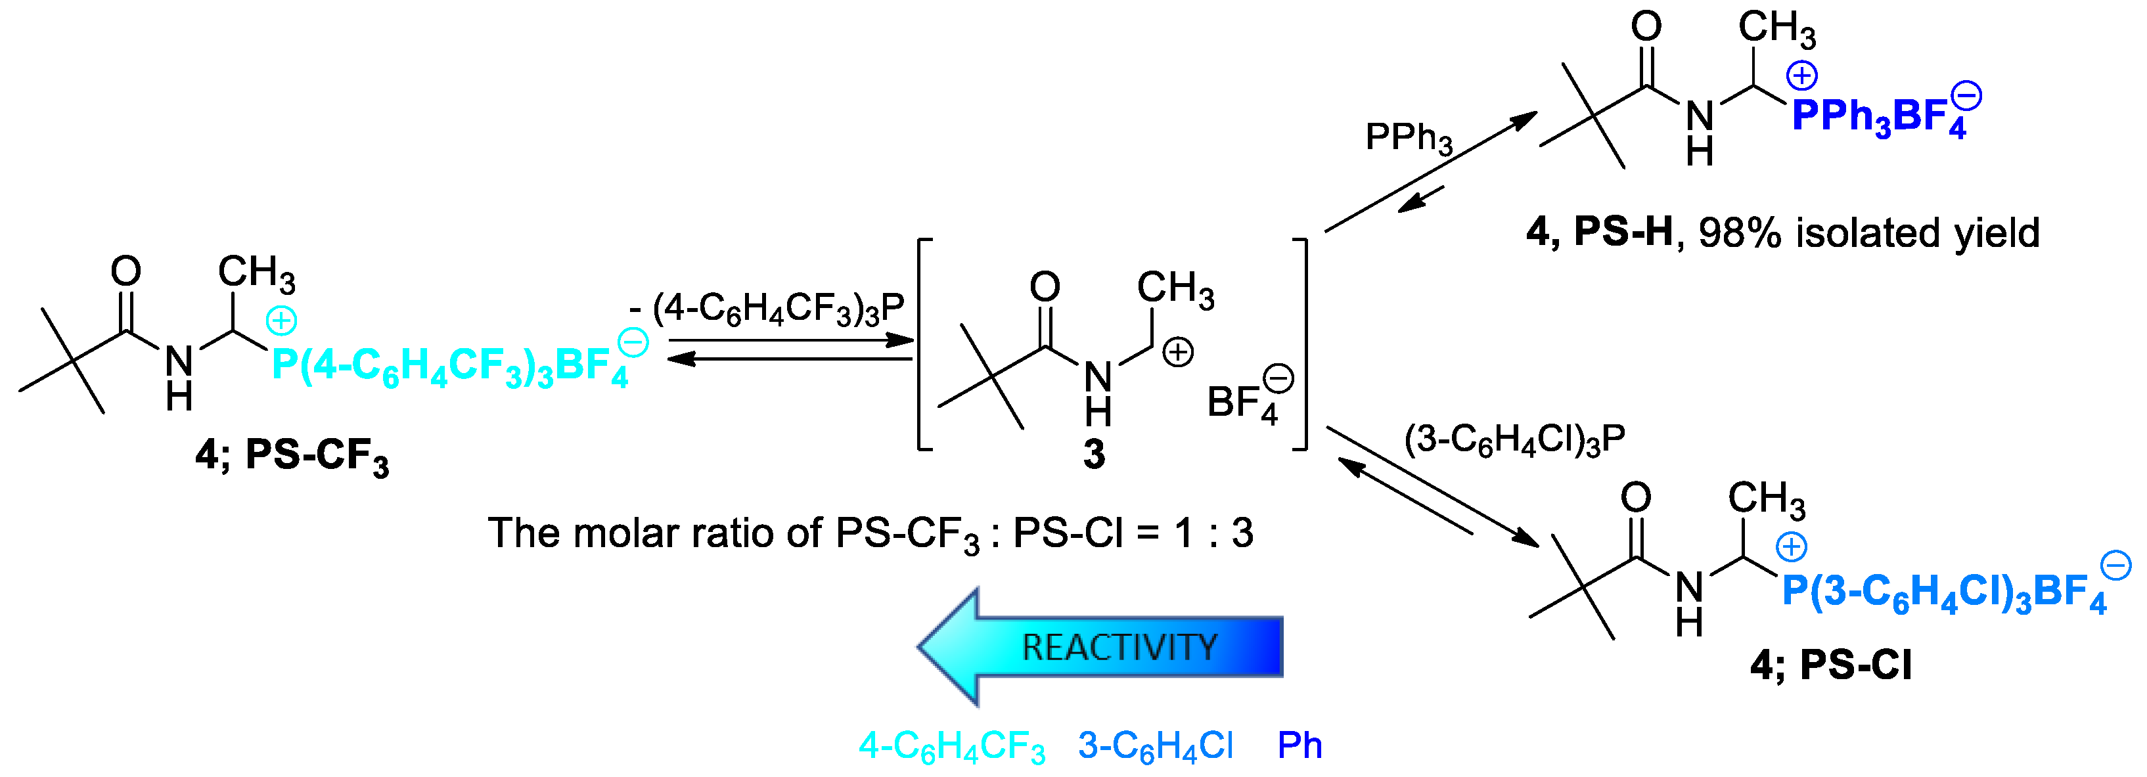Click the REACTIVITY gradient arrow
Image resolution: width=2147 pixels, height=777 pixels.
1100,647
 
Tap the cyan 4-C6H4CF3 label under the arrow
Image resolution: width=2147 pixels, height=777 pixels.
951,746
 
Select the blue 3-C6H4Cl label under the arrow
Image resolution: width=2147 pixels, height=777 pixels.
1155,746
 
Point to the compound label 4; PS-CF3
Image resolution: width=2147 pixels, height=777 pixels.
292,457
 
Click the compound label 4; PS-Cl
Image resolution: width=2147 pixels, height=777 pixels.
1830,665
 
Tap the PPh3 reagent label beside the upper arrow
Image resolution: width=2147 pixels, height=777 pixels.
1409,137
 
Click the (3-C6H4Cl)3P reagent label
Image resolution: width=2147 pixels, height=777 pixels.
1514,440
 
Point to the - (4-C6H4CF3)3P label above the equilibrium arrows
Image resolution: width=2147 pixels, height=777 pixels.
767,309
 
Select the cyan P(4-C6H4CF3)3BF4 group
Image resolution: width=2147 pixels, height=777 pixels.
450,366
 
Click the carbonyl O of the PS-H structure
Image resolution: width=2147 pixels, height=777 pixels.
1646,27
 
